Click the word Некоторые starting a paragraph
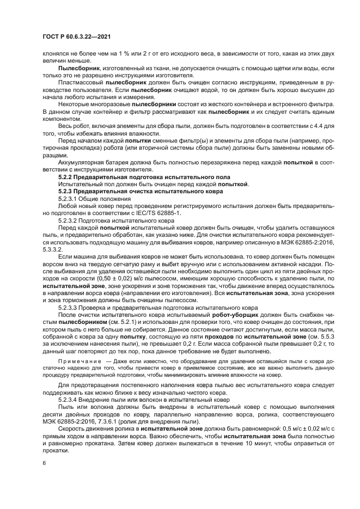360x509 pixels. tap(74, 103)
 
